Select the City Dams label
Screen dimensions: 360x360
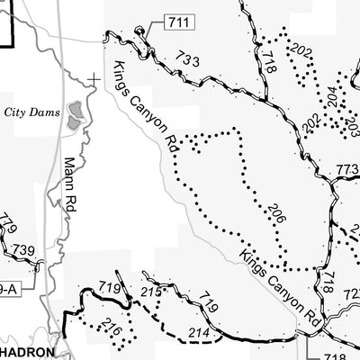[32, 112]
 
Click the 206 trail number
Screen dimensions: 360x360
[276, 213]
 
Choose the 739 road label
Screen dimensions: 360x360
[24, 250]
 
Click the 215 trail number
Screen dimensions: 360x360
[151, 292]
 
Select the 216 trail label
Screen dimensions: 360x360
[112, 329]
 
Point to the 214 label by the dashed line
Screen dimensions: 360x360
[200, 335]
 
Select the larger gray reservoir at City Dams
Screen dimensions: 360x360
[76, 112]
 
